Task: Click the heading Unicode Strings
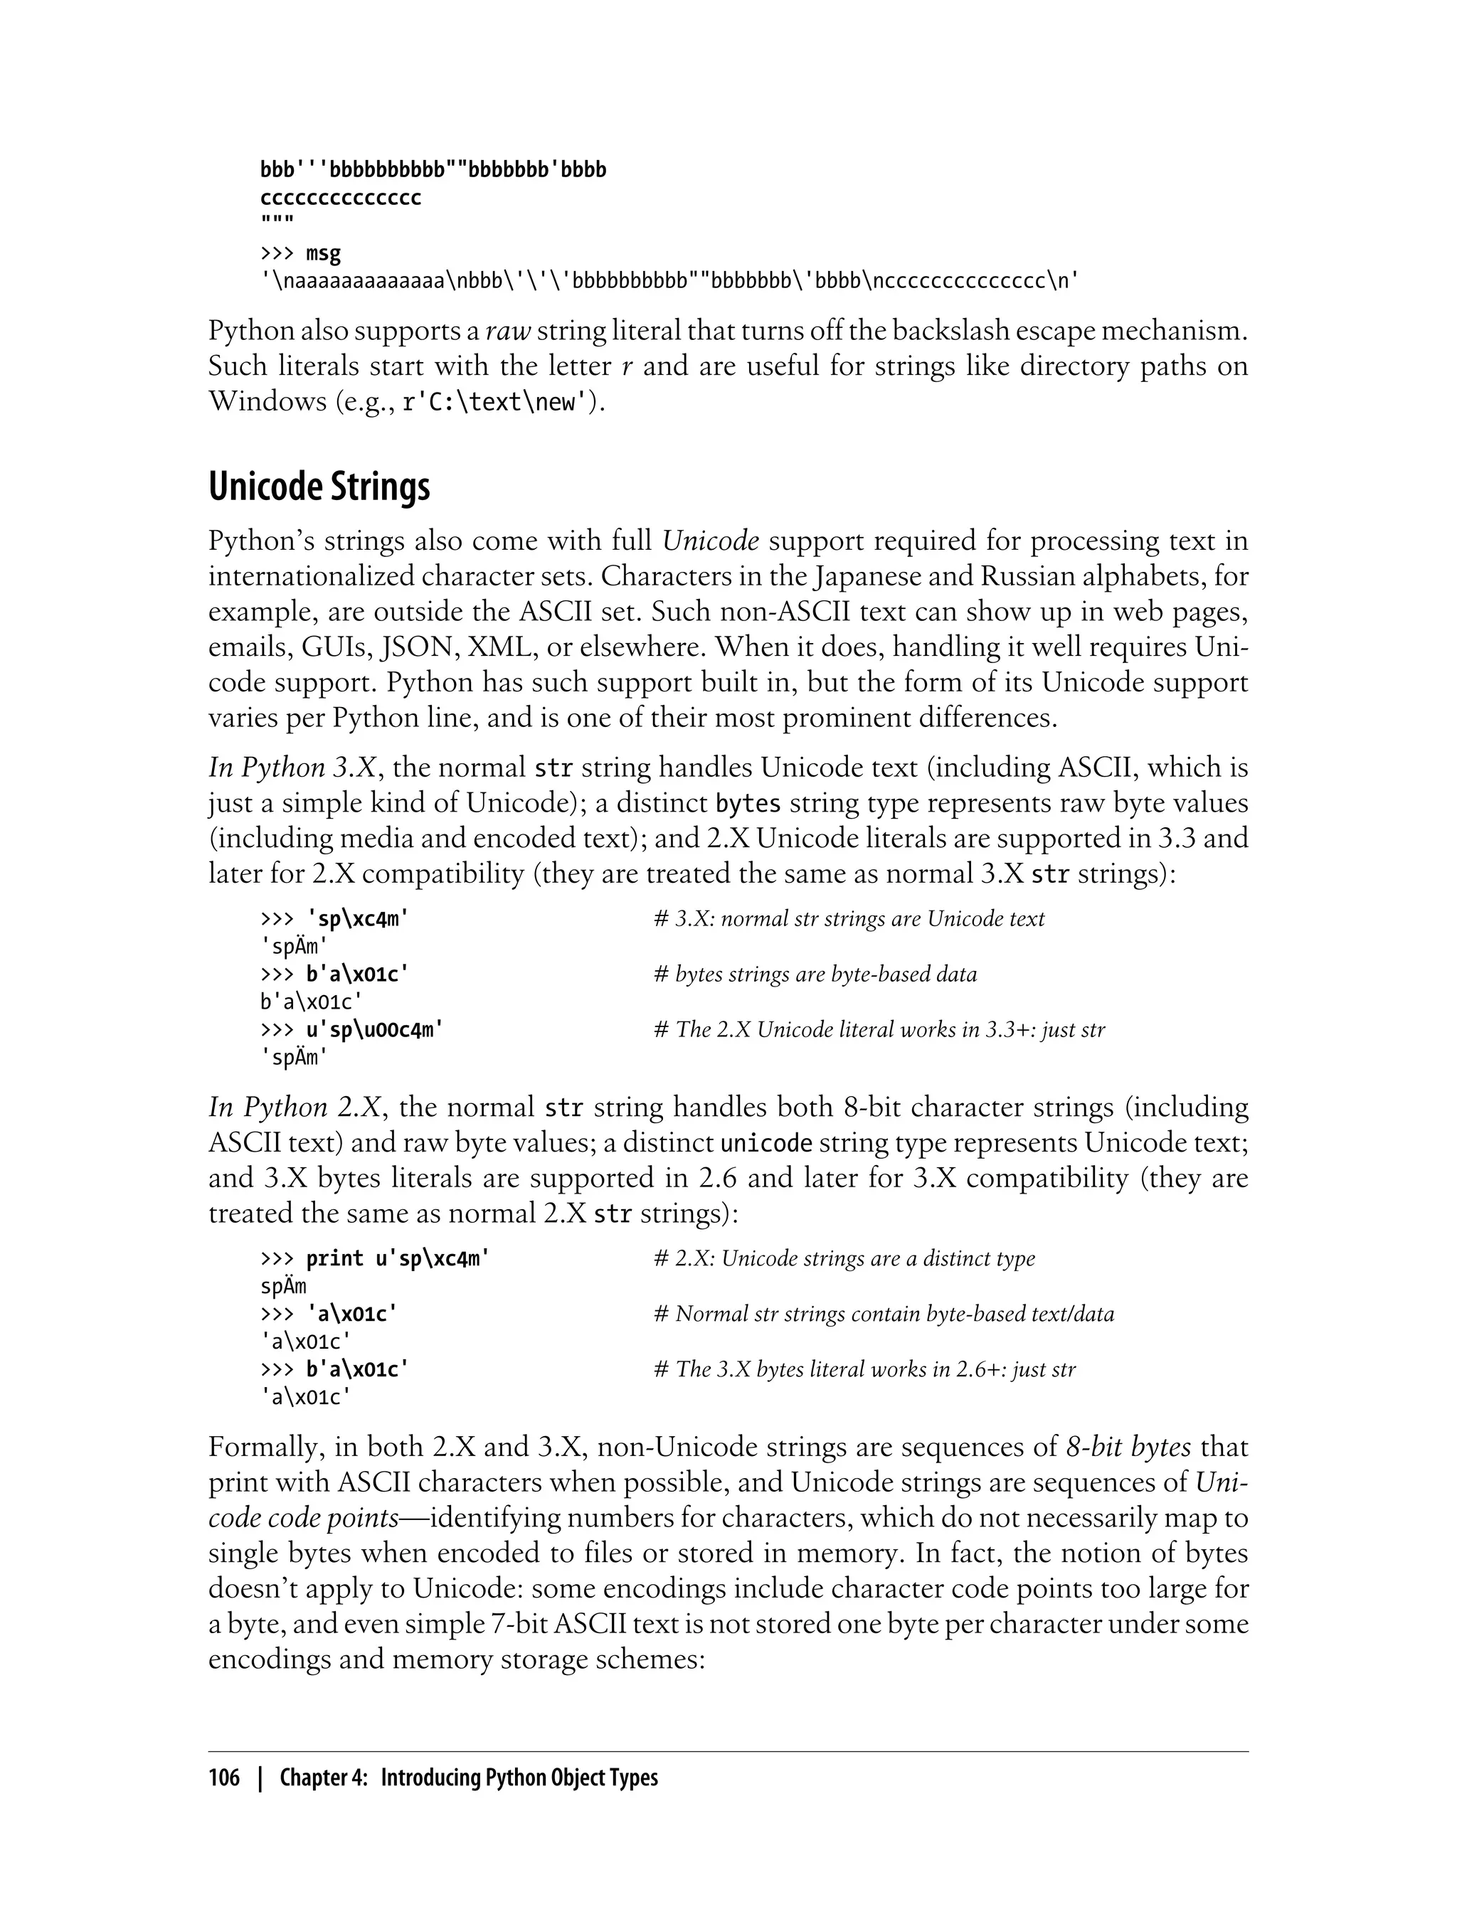coord(319,487)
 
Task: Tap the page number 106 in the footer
coord(224,1778)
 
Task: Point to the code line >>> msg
coord(300,253)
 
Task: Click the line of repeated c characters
coord(340,198)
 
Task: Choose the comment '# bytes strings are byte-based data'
coord(815,974)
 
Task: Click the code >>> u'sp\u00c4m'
coord(351,1029)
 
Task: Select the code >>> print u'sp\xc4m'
coord(375,1258)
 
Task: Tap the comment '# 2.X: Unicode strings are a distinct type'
coord(844,1258)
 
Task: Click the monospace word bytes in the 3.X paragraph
coord(748,804)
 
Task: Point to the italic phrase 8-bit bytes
coord(1128,1448)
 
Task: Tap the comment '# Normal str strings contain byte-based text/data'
coord(884,1314)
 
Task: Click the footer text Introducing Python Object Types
coord(519,1778)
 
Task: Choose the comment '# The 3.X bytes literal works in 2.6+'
coord(864,1369)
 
